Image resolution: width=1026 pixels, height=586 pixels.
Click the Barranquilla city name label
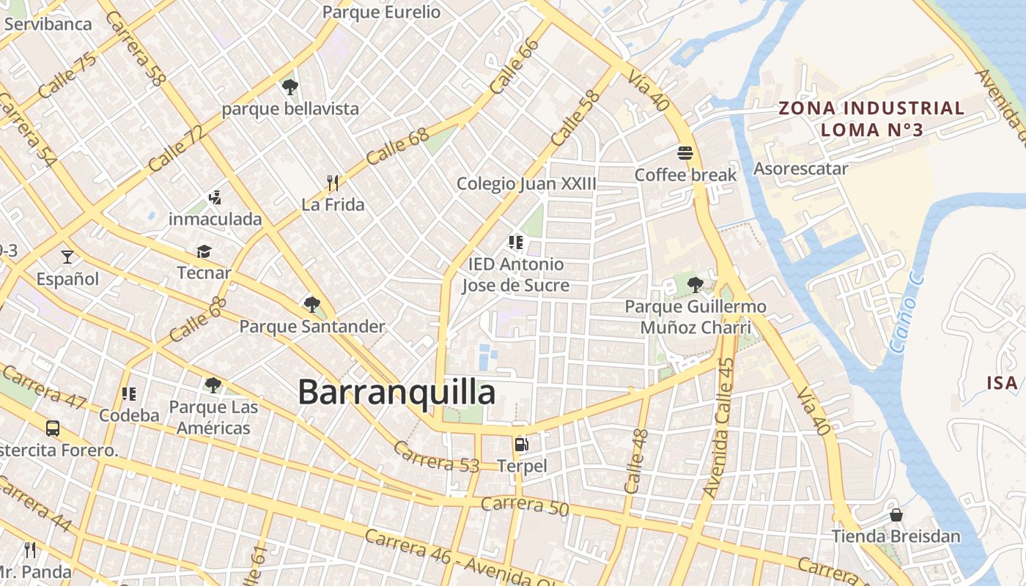(x=396, y=393)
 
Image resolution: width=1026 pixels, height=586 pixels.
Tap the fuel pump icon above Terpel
(x=521, y=444)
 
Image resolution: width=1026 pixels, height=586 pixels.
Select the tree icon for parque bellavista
(x=289, y=87)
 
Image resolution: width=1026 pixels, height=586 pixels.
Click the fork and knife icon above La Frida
(x=333, y=182)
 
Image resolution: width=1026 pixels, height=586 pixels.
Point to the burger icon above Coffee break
(x=685, y=153)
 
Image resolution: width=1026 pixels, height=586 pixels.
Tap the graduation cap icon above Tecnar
(x=204, y=251)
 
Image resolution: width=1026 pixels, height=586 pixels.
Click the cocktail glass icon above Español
(x=67, y=256)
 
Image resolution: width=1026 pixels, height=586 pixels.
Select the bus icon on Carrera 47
(x=53, y=429)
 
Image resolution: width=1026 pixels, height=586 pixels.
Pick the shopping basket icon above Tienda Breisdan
(x=896, y=514)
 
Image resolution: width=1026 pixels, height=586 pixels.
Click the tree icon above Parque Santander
(x=311, y=304)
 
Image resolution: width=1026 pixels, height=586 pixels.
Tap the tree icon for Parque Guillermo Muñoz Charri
(x=695, y=285)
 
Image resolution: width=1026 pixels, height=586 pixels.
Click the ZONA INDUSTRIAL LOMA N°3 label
(x=871, y=119)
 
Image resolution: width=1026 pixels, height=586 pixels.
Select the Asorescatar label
(x=801, y=168)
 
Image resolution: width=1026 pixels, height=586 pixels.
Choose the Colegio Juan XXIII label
(x=526, y=183)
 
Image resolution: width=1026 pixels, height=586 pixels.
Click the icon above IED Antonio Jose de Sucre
(x=515, y=242)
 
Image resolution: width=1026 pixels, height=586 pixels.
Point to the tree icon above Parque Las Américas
(x=213, y=385)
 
